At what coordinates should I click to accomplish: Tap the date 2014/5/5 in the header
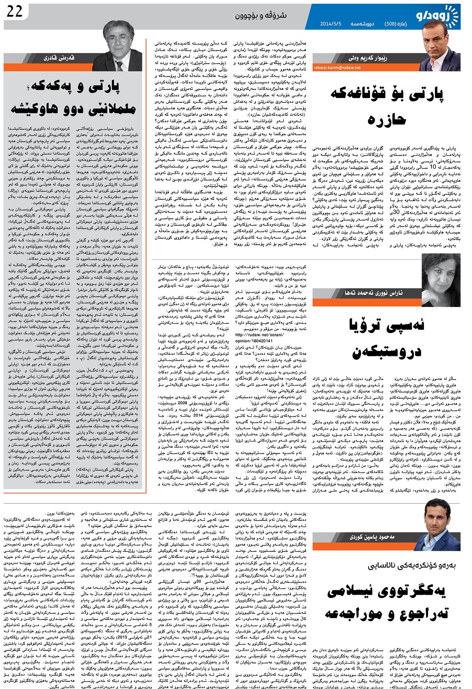tap(330, 24)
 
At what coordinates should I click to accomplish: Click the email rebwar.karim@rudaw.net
tap(337, 68)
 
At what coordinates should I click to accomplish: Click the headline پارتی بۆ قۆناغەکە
tap(387, 94)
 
